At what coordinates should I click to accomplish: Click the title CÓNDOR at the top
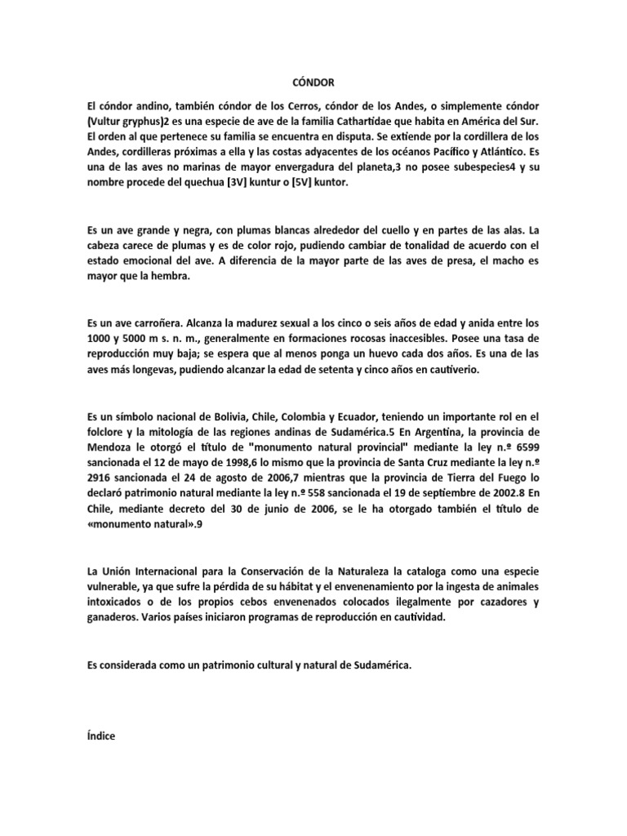click(x=313, y=82)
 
